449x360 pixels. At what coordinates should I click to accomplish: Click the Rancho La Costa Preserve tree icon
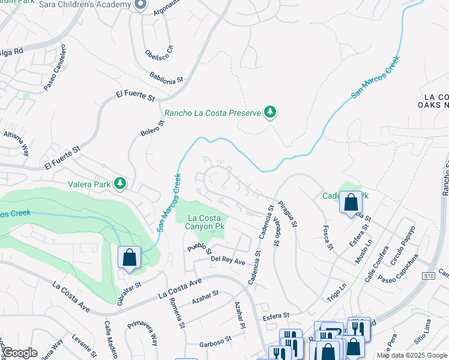click(x=270, y=112)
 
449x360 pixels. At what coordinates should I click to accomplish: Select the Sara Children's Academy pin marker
click(x=140, y=5)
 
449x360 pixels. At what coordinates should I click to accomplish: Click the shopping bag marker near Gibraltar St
click(x=129, y=259)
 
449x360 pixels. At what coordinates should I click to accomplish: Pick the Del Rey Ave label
click(x=228, y=260)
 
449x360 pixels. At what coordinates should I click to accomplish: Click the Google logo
click(x=19, y=353)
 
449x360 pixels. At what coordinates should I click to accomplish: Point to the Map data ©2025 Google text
click(x=412, y=355)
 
